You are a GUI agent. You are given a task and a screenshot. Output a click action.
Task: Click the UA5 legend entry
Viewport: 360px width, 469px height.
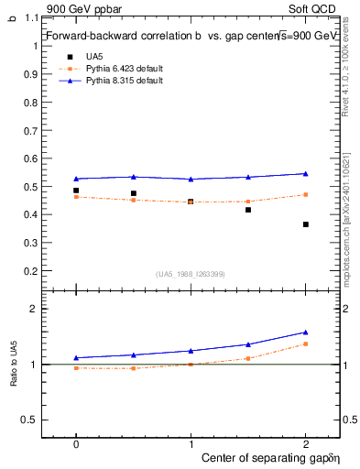pos(93,57)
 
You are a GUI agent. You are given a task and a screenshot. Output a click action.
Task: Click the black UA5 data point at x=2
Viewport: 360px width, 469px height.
pos(306,224)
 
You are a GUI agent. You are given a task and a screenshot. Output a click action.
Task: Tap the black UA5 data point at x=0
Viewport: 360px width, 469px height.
pos(76,191)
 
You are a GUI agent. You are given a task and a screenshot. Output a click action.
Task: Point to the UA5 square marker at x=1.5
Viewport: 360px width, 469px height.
pos(248,210)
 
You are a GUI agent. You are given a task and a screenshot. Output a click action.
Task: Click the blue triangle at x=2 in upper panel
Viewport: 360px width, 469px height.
pos(306,173)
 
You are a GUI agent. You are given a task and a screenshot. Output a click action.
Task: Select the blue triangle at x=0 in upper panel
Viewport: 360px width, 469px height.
pos(76,179)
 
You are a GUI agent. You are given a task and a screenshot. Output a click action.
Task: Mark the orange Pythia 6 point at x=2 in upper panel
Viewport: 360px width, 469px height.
pos(306,194)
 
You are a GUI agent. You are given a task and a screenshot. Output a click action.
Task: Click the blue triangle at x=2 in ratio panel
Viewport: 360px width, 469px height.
pos(306,333)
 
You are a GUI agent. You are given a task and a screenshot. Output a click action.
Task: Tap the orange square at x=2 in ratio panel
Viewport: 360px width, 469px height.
pos(306,344)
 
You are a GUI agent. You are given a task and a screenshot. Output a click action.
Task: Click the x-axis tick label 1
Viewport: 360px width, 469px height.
pos(191,443)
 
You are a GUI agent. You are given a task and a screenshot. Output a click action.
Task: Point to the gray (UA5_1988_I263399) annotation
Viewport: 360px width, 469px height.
pos(191,274)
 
